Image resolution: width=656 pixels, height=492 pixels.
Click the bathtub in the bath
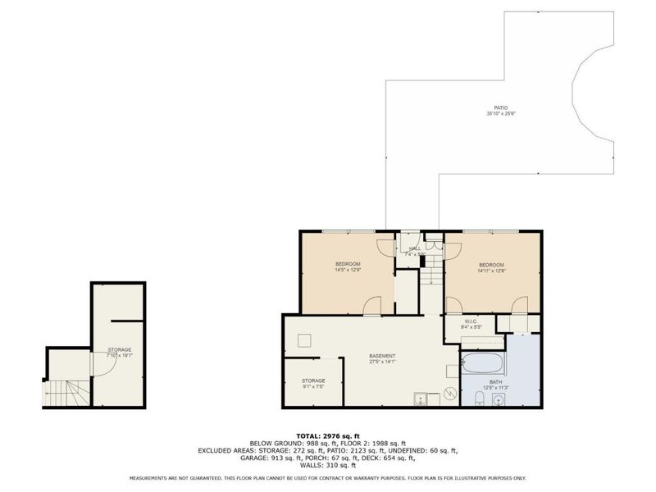(x=483, y=362)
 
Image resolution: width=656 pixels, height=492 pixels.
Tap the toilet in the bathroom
(x=478, y=399)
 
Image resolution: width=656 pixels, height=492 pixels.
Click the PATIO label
(x=500, y=107)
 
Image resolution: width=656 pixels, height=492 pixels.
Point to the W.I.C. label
(x=471, y=321)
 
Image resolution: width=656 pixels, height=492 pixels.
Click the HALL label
(x=414, y=248)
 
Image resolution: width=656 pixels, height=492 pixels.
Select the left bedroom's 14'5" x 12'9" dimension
(x=347, y=270)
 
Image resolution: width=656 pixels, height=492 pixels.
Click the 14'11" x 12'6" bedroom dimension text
(x=491, y=270)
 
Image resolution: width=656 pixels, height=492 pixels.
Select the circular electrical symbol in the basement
(x=449, y=394)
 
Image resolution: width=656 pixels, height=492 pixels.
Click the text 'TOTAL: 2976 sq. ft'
(x=328, y=435)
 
